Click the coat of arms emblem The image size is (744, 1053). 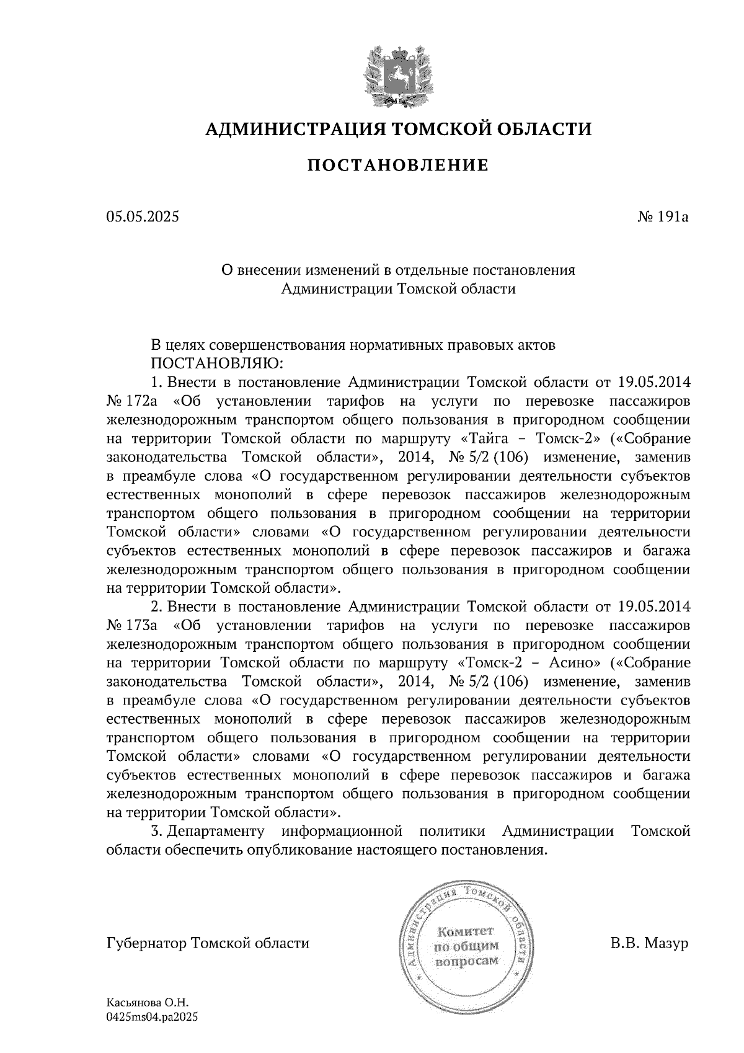(397, 73)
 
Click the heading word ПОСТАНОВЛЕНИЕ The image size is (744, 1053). (398, 165)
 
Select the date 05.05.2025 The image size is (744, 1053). (142, 217)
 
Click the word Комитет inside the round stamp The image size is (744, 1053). (466, 931)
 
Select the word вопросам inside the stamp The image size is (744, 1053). (466, 961)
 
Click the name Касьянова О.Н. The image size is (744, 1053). (147, 1003)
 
